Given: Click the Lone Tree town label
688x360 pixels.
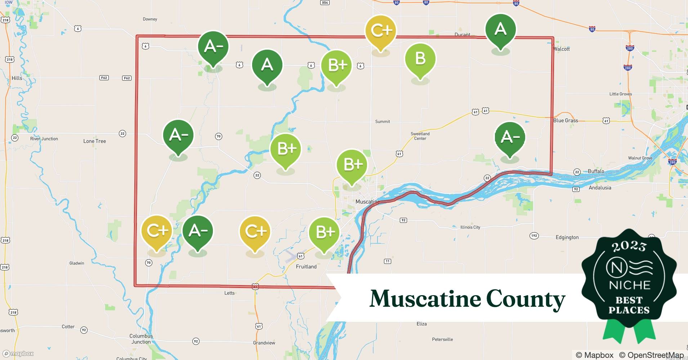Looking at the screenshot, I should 94,141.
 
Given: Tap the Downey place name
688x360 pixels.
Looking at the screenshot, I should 150,19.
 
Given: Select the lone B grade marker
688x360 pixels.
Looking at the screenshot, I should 420,59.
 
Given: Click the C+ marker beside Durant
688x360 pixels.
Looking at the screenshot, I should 380,31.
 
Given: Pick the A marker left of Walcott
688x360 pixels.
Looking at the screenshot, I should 500,30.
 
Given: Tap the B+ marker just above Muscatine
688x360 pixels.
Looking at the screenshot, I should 352,165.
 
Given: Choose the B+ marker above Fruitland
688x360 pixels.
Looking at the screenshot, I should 324,233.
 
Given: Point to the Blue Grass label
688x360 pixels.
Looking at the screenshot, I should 566,121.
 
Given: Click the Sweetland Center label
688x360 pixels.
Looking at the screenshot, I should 420,136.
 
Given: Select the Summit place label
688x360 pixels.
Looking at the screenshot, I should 382,122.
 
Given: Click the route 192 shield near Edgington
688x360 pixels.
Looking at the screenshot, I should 534,236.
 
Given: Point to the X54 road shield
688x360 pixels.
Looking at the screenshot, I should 325,3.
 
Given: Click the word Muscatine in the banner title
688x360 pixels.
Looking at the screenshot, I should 425,299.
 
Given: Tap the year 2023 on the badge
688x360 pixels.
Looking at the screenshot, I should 629,246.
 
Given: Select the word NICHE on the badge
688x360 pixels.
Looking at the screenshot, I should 629,285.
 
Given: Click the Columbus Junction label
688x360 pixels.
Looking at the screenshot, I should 141,339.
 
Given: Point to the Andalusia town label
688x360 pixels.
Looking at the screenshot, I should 600,188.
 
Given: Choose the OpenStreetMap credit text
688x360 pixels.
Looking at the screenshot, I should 651,355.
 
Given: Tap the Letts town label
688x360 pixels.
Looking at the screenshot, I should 229,293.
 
